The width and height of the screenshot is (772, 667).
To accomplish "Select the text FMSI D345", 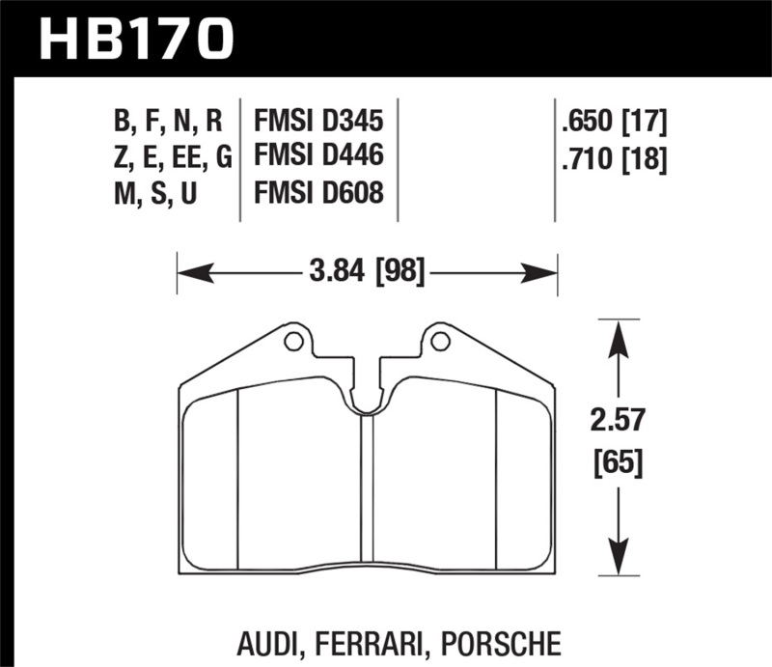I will [318, 122].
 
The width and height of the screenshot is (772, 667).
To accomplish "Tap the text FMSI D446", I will [318, 157].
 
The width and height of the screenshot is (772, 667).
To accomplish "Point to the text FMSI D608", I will [318, 193].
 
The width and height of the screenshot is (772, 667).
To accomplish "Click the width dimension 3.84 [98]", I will [367, 273].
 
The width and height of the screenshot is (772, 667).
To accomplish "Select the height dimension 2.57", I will [619, 422].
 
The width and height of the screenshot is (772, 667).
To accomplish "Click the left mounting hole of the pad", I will [294, 340].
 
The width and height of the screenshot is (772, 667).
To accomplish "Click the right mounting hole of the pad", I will [440, 340].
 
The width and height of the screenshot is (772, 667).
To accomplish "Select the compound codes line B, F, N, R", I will [168, 122].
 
